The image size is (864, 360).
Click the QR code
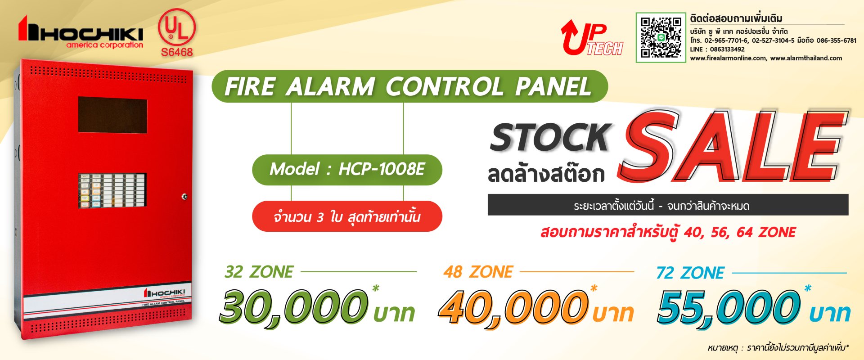pyautogui.click(x=661, y=37)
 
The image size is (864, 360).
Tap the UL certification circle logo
pyautogui.click(x=177, y=27)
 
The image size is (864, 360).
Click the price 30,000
pyautogui.click(x=293, y=308)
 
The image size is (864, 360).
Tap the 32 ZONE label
pyautogui.click(x=259, y=272)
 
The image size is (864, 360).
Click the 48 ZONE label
pyautogui.click(x=478, y=272)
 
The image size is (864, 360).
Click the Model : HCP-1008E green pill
pyautogui.click(x=347, y=170)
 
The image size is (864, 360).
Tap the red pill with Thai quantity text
pyautogui.click(x=347, y=217)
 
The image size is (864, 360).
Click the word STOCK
pyautogui.click(x=550, y=137)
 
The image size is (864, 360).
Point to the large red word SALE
pyautogui.click(x=733, y=146)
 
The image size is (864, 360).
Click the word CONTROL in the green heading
pyautogui.click(x=444, y=86)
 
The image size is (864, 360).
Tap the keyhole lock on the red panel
pyautogui.click(x=184, y=197)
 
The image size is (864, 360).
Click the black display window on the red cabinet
pyautogui.click(x=112, y=115)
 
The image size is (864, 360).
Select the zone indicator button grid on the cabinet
pyautogui.click(x=112, y=191)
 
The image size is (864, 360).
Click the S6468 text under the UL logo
pyautogui.click(x=177, y=52)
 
